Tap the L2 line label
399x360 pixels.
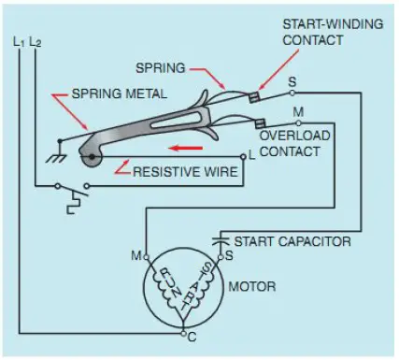pos(36,42)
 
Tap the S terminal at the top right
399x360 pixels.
pos(292,82)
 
